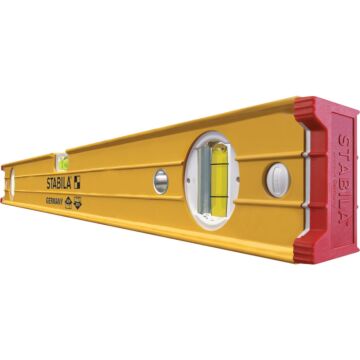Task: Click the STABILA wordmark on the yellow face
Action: point(62,184)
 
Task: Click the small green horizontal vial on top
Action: point(62,158)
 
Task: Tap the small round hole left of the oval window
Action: point(160,181)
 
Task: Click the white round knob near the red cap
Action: point(277,177)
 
